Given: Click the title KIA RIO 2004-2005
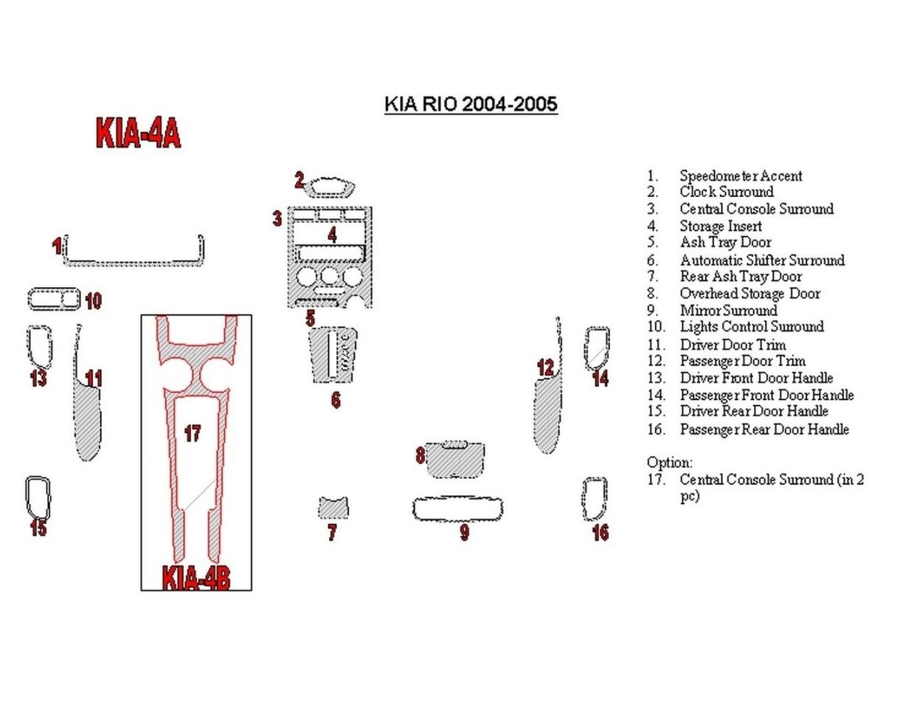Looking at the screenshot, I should pyautogui.click(x=471, y=104).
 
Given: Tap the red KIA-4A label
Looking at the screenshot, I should pyautogui.click(x=138, y=134).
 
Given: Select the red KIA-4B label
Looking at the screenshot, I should pyautogui.click(x=196, y=578).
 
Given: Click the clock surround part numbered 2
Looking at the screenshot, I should pyautogui.click(x=331, y=187).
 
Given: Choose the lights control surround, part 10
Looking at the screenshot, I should pyautogui.click(x=54, y=300).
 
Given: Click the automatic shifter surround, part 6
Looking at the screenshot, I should pyautogui.click(x=334, y=356).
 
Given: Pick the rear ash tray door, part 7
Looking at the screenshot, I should pyautogui.click(x=333, y=508).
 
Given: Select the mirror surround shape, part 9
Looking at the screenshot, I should pyautogui.click(x=457, y=509).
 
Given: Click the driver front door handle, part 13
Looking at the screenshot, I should pyautogui.click(x=39, y=346).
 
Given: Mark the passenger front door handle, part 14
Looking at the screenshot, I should pyautogui.click(x=597, y=347).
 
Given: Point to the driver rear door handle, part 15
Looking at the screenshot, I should pyautogui.click(x=38, y=498).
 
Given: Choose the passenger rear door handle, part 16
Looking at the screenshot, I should pyautogui.click(x=595, y=499).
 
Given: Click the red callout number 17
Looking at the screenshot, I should pyautogui.click(x=193, y=433).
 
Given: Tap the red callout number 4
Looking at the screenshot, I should pyautogui.click(x=333, y=235).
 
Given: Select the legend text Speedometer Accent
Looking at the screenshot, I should pyautogui.click(x=741, y=176).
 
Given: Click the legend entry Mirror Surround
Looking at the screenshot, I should pyautogui.click(x=728, y=310).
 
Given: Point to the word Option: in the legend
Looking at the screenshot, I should pyautogui.click(x=669, y=463).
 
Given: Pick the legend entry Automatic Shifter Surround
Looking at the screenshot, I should pyautogui.click(x=762, y=260).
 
